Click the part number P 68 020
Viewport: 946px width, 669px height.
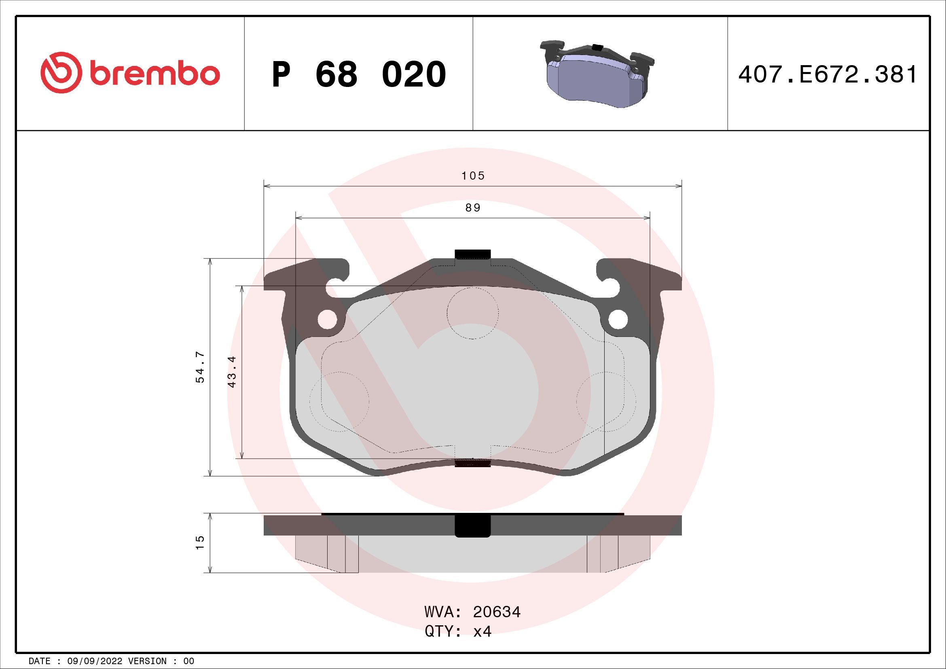click(x=358, y=74)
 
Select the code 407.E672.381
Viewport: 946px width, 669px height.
click(x=828, y=75)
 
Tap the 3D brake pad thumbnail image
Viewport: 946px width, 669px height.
click(x=597, y=74)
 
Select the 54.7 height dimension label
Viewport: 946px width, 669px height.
click(x=200, y=368)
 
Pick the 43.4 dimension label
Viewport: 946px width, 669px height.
click(x=232, y=371)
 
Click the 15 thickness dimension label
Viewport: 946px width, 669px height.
click(x=200, y=542)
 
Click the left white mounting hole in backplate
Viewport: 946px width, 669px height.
click(x=328, y=319)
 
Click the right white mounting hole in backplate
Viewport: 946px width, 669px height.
click(x=618, y=319)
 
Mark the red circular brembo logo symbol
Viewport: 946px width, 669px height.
click(x=59, y=72)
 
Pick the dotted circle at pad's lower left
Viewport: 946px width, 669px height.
click(x=339, y=402)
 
